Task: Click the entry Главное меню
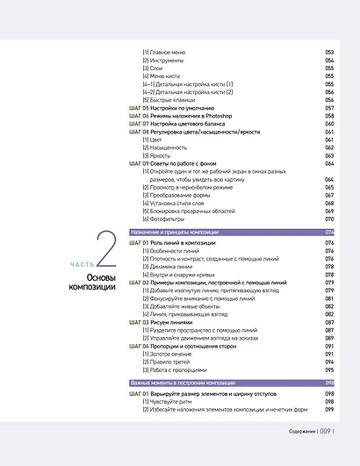[166, 53]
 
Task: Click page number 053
[330, 53]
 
